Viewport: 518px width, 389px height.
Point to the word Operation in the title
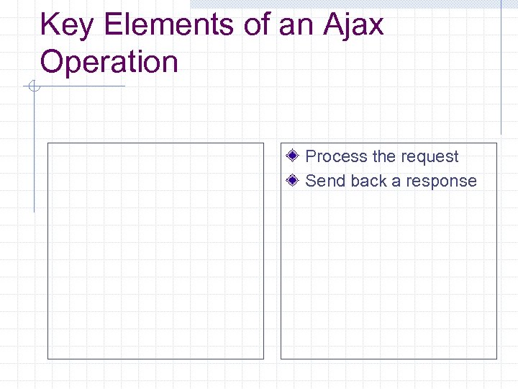tap(109, 62)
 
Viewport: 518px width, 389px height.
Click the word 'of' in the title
tap(257, 25)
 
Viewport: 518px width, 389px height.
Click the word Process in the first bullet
tap(336, 157)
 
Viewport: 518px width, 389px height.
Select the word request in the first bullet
tap(430, 157)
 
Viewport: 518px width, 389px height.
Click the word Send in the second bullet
tap(325, 181)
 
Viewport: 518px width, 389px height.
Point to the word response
tap(442, 181)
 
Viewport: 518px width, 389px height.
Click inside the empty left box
tap(155, 251)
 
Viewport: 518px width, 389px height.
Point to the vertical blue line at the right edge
tap(501, 72)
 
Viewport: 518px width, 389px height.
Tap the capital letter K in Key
tap(49, 25)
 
